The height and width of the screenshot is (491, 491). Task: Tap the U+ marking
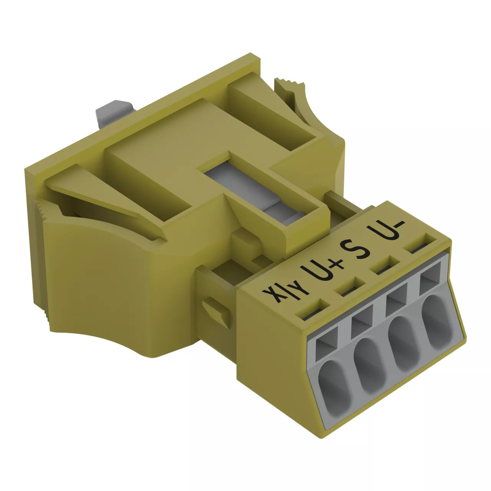click(322, 271)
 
